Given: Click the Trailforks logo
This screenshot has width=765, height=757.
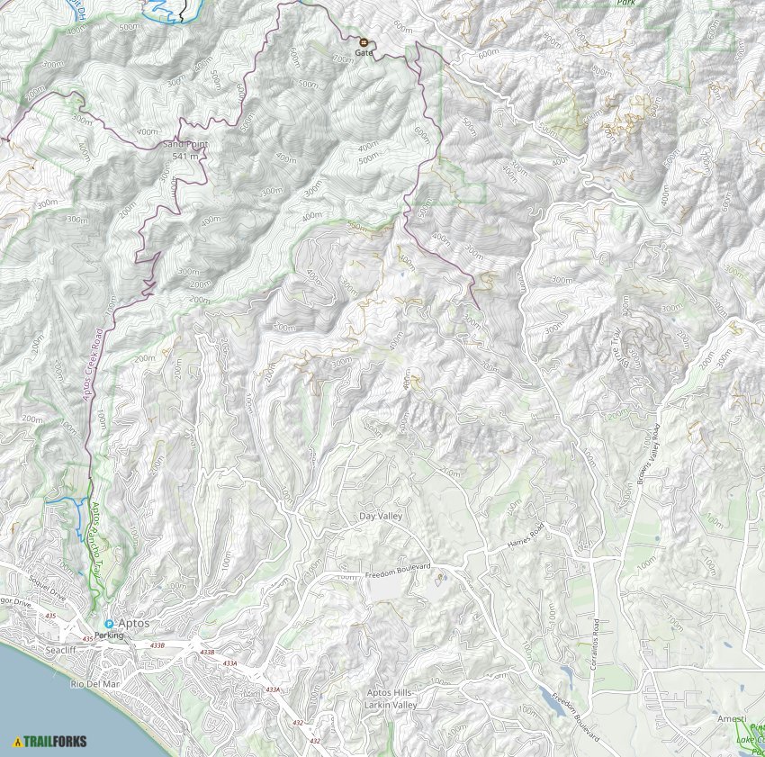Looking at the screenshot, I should click(49, 742).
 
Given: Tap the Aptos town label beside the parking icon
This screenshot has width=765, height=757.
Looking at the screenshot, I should click(133, 623).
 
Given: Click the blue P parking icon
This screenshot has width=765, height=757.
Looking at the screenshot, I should click(109, 623).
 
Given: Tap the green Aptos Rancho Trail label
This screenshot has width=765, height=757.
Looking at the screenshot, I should click(96, 531).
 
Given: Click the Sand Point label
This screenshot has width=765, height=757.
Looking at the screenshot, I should click(184, 144).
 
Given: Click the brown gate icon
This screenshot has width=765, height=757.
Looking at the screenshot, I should click(364, 42).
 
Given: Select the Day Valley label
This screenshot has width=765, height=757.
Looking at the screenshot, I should click(381, 516).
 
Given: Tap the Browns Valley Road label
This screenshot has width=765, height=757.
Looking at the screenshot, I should click(652, 455).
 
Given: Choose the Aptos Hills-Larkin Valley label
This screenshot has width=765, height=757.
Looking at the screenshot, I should click(391, 698).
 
